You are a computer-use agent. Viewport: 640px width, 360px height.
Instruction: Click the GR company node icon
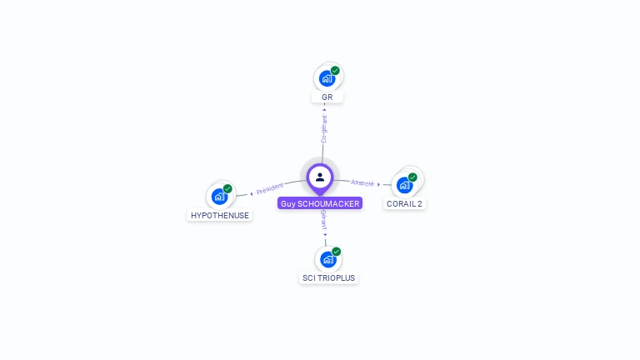(x=327, y=78)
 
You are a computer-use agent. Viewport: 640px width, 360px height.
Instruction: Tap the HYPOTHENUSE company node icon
(x=219, y=197)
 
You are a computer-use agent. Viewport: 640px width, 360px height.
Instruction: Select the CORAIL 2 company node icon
(x=405, y=184)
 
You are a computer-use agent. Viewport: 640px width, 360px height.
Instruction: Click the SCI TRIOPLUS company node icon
(x=328, y=259)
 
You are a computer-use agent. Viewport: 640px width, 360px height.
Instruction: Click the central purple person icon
(x=320, y=177)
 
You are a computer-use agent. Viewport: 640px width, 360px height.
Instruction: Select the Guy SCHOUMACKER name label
(x=320, y=203)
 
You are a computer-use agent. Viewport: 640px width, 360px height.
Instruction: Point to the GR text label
(x=327, y=97)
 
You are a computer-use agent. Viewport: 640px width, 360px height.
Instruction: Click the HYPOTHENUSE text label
(x=220, y=215)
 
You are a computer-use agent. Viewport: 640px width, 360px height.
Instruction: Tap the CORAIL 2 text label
(x=405, y=203)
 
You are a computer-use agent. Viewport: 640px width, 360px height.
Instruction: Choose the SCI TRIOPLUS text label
(x=328, y=277)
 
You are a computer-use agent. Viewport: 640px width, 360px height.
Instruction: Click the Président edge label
(x=269, y=189)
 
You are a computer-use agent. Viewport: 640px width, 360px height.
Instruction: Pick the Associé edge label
(x=362, y=182)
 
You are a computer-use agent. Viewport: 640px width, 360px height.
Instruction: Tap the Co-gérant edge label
(x=324, y=128)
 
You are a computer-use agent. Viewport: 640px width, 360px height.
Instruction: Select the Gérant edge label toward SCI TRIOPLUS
(x=323, y=222)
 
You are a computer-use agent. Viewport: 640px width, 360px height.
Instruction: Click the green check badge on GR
(x=335, y=71)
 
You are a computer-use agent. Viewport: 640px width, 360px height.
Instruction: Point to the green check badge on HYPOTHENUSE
(x=227, y=189)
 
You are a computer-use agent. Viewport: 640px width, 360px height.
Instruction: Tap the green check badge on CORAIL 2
(x=412, y=177)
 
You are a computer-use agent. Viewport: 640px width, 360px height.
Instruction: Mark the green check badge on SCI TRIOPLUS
(x=337, y=252)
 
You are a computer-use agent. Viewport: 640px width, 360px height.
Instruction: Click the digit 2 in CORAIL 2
(x=420, y=203)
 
